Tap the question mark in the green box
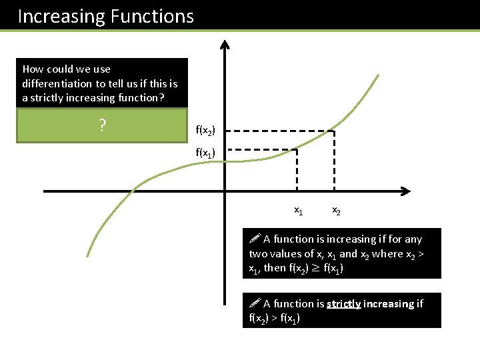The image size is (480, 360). click(x=102, y=126)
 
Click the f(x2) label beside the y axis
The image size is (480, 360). click(x=209, y=131)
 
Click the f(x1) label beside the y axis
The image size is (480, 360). click(x=209, y=153)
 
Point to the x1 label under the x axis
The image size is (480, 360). click(x=299, y=211)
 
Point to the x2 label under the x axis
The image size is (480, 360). click(x=337, y=211)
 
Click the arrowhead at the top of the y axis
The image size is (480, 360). click(x=225, y=45)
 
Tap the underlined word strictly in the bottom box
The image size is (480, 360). click(x=345, y=304)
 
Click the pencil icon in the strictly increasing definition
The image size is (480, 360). click(x=254, y=303)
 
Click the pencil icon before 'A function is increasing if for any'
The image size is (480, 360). click(x=254, y=239)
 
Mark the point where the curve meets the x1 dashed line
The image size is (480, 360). click(x=297, y=149)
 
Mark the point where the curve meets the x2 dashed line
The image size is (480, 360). click(x=334, y=131)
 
